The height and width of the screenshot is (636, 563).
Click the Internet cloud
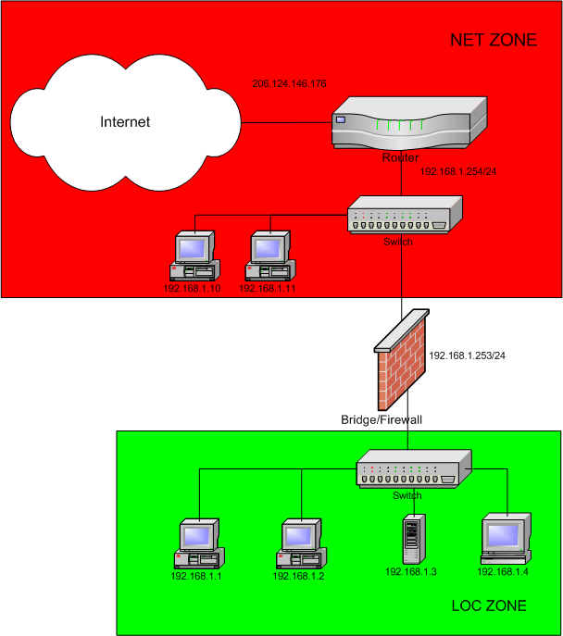click(124, 121)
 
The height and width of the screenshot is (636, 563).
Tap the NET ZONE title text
click(494, 40)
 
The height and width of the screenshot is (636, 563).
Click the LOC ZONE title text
click(488, 605)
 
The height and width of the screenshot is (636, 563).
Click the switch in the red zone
click(398, 219)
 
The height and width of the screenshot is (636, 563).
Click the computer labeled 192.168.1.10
click(194, 256)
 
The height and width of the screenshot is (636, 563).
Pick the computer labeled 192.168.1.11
click(269, 256)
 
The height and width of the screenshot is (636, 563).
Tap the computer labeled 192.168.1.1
click(199, 544)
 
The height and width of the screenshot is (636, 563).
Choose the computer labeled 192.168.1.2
click(301, 544)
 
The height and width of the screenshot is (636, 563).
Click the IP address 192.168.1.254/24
click(459, 172)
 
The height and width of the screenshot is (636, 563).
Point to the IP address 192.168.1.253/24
click(468, 355)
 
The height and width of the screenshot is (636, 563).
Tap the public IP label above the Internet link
click(289, 84)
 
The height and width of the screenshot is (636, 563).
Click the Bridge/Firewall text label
click(381, 419)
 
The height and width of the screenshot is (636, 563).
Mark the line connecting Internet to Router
click(287, 121)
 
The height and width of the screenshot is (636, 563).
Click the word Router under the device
click(400, 158)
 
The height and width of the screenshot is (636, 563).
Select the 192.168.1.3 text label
click(410, 571)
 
